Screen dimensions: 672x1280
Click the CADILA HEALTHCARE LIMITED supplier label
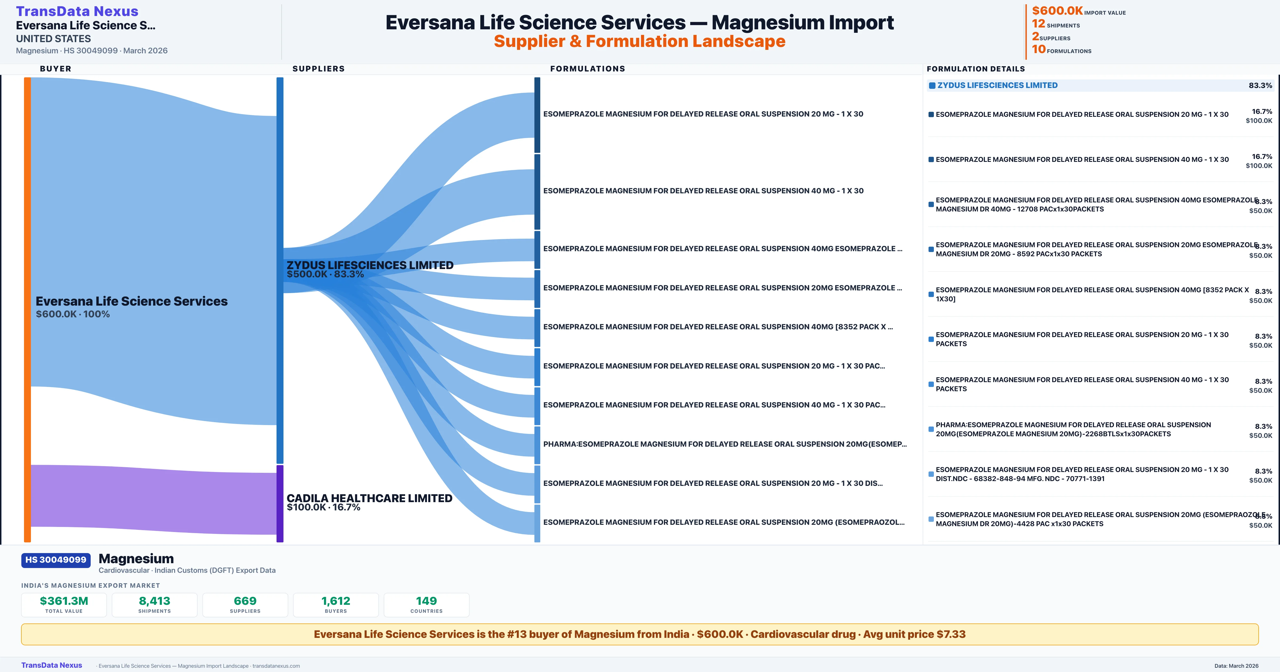point(369,498)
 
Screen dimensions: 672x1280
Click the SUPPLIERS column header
point(318,69)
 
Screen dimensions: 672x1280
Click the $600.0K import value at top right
point(1057,10)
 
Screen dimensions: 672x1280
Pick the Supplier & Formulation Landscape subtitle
point(639,41)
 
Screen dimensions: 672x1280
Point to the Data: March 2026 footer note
point(1236,666)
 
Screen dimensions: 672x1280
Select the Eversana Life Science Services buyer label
point(132,301)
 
